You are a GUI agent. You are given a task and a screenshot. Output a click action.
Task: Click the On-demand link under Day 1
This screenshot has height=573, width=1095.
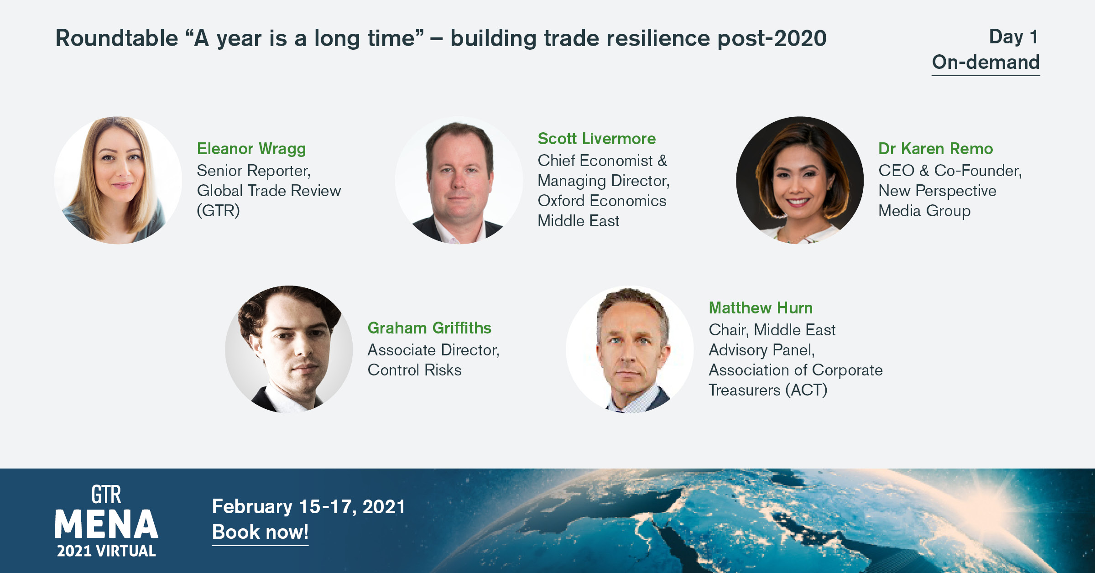tap(985, 63)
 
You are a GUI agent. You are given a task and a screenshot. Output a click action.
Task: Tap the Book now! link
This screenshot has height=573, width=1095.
tap(260, 532)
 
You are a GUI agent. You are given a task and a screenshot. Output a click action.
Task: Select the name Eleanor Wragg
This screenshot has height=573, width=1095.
tap(251, 149)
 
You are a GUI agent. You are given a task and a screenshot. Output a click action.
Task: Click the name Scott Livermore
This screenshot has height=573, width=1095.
tap(596, 139)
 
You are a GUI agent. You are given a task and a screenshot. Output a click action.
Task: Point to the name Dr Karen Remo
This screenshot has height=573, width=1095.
tap(935, 149)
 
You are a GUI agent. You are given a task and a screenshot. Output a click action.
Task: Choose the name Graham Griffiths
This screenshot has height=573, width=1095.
tap(429, 328)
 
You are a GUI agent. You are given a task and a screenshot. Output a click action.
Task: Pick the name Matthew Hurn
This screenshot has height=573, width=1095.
tap(761, 308)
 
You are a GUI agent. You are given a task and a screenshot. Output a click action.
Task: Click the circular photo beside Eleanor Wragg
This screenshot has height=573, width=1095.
tap(118, 180)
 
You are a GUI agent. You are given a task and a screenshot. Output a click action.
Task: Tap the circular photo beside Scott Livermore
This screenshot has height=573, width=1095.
tap(459, 180)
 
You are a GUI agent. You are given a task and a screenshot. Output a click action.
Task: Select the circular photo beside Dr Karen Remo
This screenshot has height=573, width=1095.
tap(800, 180)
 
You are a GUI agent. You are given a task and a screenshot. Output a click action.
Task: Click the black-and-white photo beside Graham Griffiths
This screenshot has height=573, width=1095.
tap(289, 349)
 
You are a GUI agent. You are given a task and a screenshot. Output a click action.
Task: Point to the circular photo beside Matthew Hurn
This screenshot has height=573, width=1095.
tap(630, 349)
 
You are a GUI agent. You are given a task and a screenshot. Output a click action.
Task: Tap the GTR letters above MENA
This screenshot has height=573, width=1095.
tap(106, 495)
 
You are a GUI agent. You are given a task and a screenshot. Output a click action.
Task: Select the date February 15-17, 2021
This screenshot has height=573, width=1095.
tap(309, 507)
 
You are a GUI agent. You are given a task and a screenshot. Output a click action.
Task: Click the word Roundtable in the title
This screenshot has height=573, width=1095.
tap(117, 38)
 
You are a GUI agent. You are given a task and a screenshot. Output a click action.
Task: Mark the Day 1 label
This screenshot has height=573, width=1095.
tap(1013, 37)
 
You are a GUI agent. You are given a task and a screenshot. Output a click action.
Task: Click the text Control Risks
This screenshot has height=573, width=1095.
tap(414, 370)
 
